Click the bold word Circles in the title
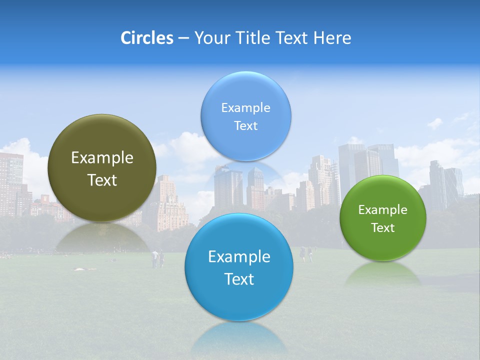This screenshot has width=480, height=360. point(146,38)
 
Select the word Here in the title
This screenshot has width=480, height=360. point(332,38)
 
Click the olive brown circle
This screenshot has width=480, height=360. point(102,168)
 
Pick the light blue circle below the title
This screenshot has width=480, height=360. point(246,116)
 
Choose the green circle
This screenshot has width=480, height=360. point(383,218)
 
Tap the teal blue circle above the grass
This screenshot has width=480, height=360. point(239,267)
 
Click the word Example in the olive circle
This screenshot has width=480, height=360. point(102,158)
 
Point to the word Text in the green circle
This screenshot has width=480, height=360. point(383,228)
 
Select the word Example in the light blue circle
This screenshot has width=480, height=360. point(246,108)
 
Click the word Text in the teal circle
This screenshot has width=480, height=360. point(239,279)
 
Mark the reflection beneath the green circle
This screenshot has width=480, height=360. point(383,273)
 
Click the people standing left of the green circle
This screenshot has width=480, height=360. point(306,254)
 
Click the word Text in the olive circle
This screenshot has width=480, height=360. point(102,180)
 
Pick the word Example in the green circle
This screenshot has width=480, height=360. point(383,210)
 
